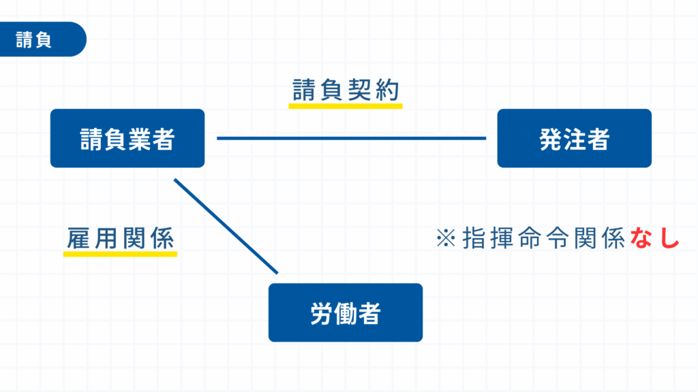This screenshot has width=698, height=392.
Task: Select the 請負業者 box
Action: coord(127,138)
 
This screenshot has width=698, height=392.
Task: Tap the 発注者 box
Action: coord(574,138)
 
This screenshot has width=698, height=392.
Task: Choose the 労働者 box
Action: coord(345,312)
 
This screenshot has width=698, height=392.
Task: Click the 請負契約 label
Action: coord(345,90)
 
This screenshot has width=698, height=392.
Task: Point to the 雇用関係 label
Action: coord(120,238)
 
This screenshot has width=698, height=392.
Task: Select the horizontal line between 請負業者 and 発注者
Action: coord(351,138)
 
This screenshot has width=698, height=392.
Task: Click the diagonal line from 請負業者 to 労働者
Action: coord(226,227)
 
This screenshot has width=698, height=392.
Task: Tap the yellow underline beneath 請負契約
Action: coord(345,106)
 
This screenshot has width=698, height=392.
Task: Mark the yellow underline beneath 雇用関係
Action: coord(120,254)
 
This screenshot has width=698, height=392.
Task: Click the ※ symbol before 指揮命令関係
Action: coord(446,239)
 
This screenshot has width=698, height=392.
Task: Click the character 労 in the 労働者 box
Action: coord(321,313)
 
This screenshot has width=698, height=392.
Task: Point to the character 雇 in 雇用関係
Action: coord(79,238)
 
